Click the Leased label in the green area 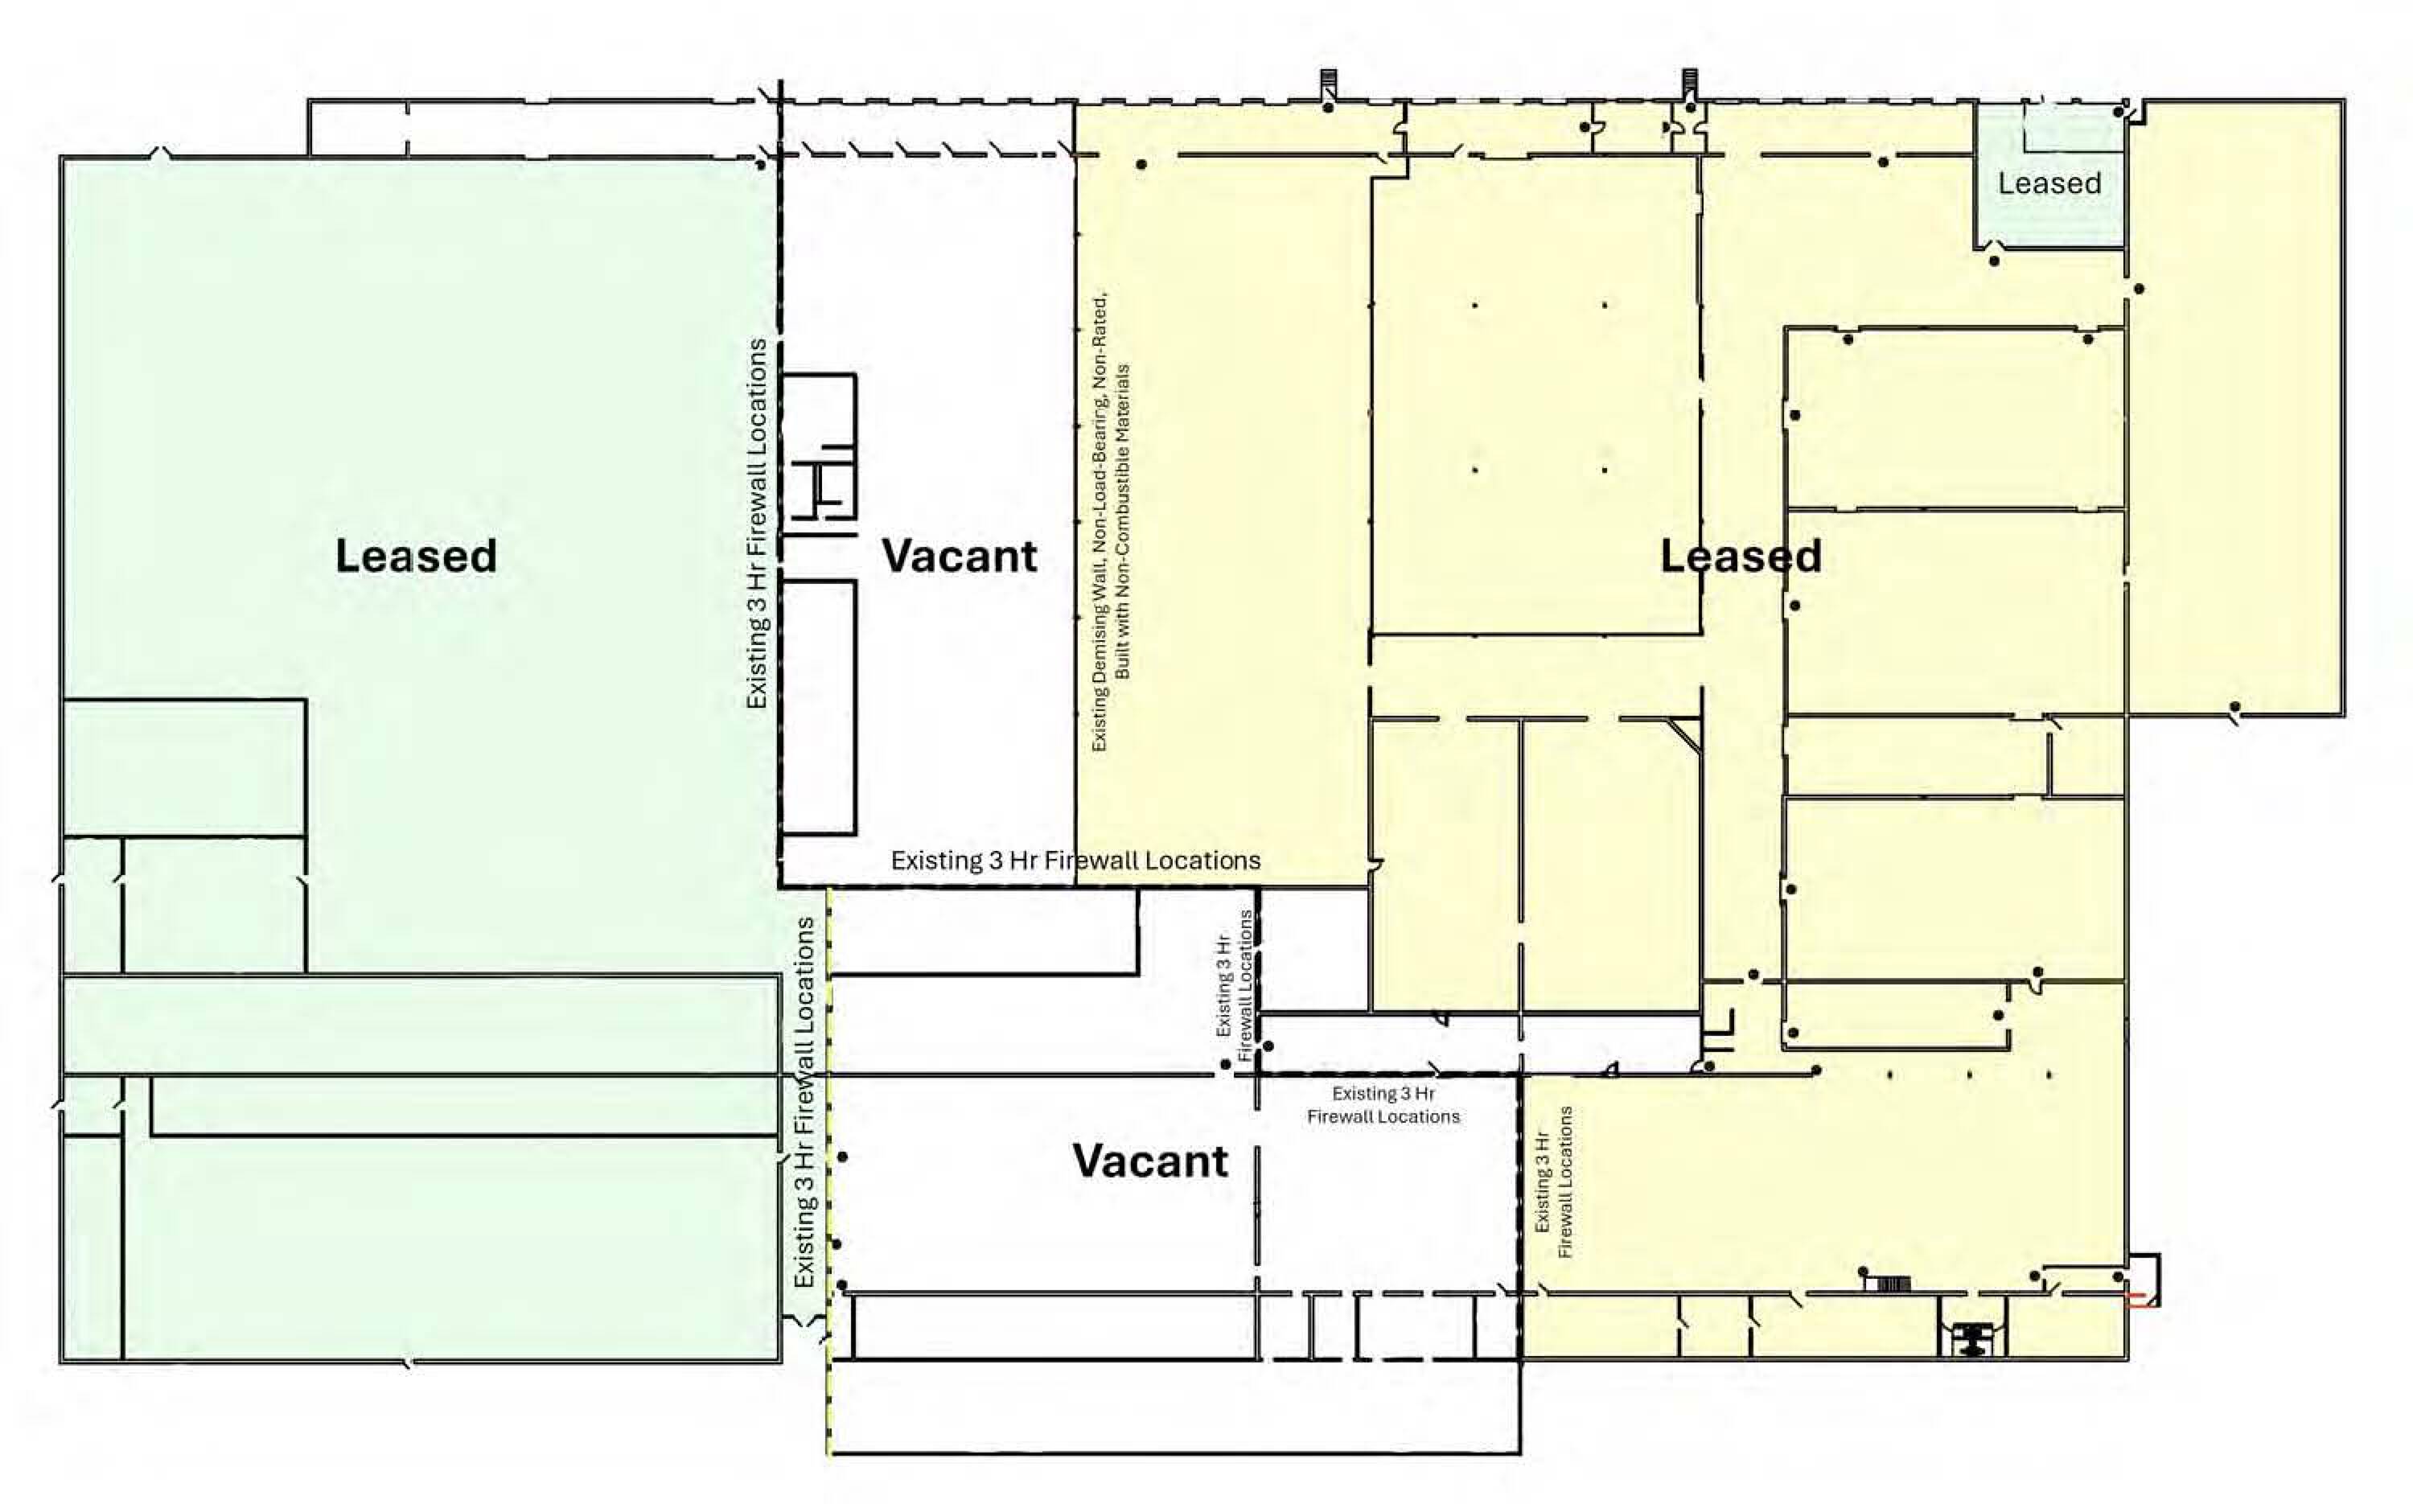tap(416, 555)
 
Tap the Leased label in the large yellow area tap(1741, 555)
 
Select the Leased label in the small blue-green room tap(2050, 183)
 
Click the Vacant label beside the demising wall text tap(959, 555)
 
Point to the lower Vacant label tap(1150, 1161)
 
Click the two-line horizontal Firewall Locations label tap(1383, 1105)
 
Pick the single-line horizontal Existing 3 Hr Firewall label tap(1075, 861)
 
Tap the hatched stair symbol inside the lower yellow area tap(1893, 1283)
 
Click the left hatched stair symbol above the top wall tap(1327, 84)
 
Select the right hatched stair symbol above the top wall tap(1690, 84)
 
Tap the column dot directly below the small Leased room tap(1994, 261)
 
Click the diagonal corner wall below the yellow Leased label tap(1685, 734)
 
